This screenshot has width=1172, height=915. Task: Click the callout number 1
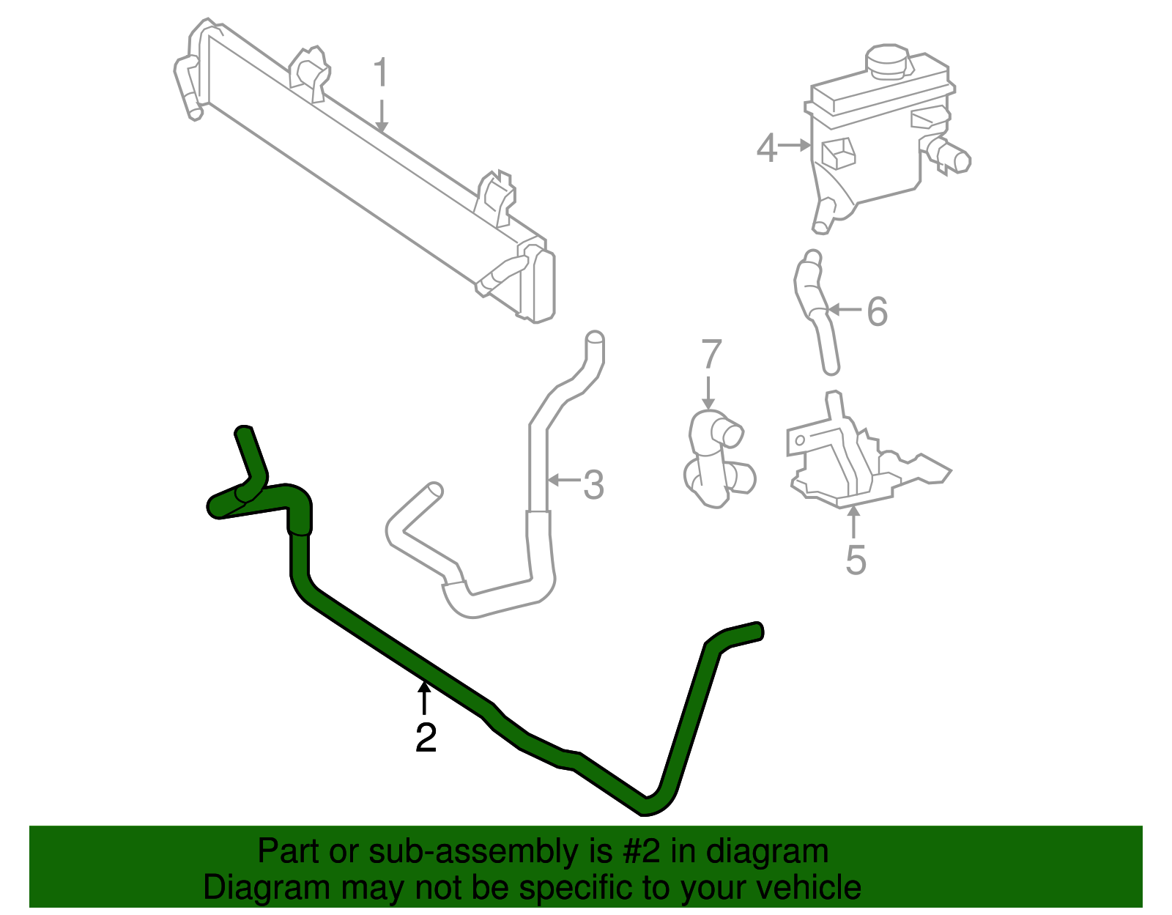(x=379, y=74)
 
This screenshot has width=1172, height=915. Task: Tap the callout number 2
(x=426, y=737)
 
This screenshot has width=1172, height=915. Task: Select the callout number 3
(x=593, y=484)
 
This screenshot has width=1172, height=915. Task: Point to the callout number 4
(x=766, y=148)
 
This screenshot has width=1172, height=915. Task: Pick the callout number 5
(x=856, y=560)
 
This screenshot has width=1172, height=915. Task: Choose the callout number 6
(x=877, y=311)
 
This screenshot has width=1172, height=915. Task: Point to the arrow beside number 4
(x=794, y=146)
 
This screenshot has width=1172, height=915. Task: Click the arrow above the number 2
(x=424, y=696)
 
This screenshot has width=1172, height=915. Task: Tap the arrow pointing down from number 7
(x=708, y=392)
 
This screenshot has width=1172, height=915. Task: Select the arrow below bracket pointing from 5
(x=853, y=522)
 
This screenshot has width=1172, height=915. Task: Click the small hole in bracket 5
(x=801, y=440)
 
